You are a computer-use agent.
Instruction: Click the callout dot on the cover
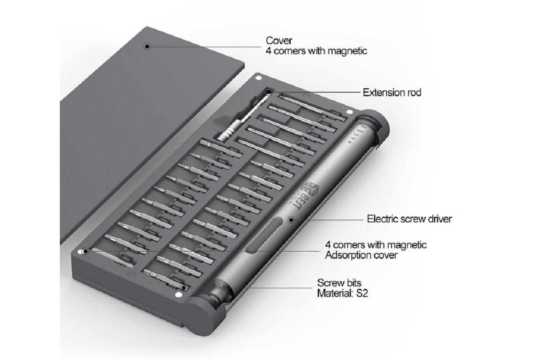147,46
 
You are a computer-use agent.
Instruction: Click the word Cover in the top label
279,40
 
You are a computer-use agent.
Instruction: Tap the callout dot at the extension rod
269,92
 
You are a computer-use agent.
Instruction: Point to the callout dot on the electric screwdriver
292,220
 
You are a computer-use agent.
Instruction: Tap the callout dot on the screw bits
184,288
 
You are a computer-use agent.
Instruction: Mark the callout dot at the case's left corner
85,252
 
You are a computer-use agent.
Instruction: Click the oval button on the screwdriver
265,235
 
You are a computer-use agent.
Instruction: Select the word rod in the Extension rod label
414,93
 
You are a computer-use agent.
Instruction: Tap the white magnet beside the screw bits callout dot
178,294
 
